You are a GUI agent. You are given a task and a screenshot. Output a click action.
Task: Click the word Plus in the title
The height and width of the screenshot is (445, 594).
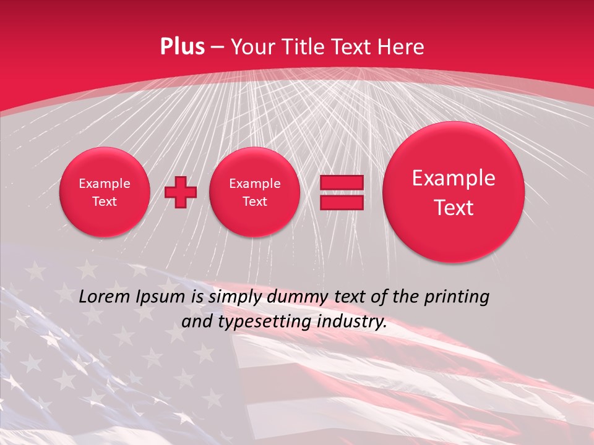click(182, 47)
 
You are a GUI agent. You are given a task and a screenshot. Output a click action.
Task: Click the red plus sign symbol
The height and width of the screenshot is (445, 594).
click(181, 192)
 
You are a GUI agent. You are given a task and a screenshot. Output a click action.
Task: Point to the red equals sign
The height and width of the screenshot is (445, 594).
click(342, 192)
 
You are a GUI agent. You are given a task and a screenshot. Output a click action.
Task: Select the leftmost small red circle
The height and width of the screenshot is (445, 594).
click(105, 192)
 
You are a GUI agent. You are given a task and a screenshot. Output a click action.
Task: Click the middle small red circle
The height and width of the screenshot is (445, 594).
click(254, 192)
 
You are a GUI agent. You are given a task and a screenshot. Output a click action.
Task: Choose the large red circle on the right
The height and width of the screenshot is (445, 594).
click(454, 192)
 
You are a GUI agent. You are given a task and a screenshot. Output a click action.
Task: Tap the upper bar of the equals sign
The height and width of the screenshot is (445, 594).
click(342, 183)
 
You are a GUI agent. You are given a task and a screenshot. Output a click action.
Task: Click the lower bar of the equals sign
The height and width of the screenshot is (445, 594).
click(342, 202)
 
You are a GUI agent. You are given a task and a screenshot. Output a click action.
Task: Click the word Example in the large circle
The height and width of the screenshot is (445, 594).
click(454, 178)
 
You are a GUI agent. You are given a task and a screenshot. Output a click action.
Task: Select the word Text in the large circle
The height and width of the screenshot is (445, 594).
click(454, 208)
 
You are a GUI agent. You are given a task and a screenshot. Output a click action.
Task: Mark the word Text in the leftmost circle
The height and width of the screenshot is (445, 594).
click(105, 201)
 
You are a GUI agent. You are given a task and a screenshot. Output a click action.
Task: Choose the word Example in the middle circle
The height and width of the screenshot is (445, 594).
click(254, 184)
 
